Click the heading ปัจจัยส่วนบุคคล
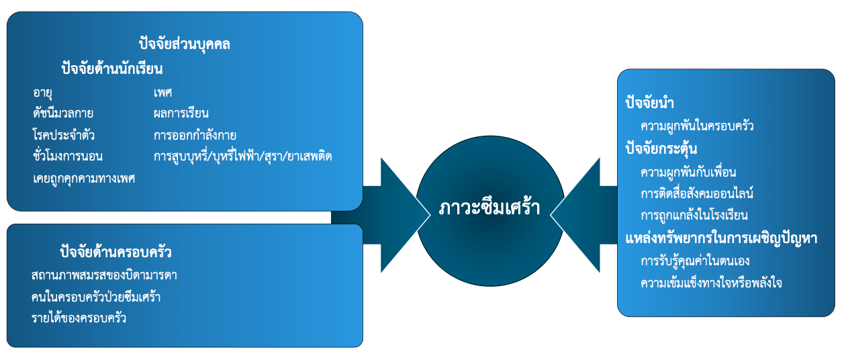pos(185,45)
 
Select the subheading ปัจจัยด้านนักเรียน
pos(111,69)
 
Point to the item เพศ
pos(162,93)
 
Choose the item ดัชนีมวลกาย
pos(63,113)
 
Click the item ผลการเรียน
pos(181,113)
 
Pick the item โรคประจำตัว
pos(63,135)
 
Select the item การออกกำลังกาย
pos(195,135)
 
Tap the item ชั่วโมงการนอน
pos(68,156)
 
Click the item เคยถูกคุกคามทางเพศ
pos(84,178)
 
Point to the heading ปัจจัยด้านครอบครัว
pos(115,253)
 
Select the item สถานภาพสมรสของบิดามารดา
pos(104,275)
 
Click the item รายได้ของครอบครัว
pos(79,318)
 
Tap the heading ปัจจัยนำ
pos(649,103)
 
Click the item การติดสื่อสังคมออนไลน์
pos(697,193)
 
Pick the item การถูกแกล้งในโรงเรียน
pos(694,216)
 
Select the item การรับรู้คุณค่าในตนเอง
pos(695,261)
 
